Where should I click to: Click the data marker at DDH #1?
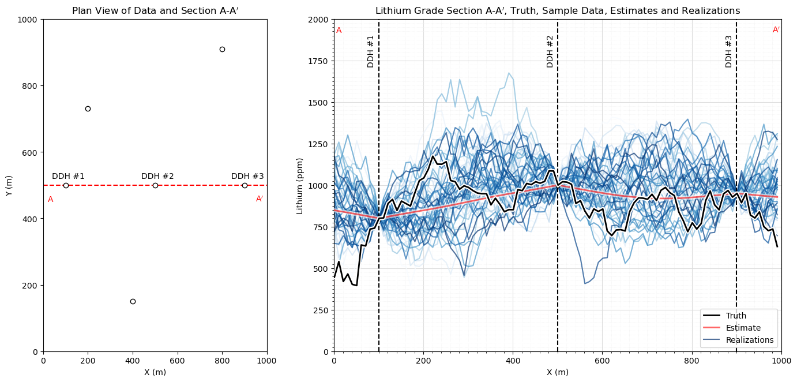point(66,185)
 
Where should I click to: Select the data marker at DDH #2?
point(155,185)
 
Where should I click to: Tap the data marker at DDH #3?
point(245,185)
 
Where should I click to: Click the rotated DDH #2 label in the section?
point(550,51)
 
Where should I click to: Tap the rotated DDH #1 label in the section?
point(371,51)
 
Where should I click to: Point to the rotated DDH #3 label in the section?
point(728,51)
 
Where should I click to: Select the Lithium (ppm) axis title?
point(300,185)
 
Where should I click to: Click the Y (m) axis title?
point(9,185)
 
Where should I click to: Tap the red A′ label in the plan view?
point(260,199)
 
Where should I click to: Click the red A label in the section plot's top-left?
point(339,30)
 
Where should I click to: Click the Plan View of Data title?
point(155,10)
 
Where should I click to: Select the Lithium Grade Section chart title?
point(557,10)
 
